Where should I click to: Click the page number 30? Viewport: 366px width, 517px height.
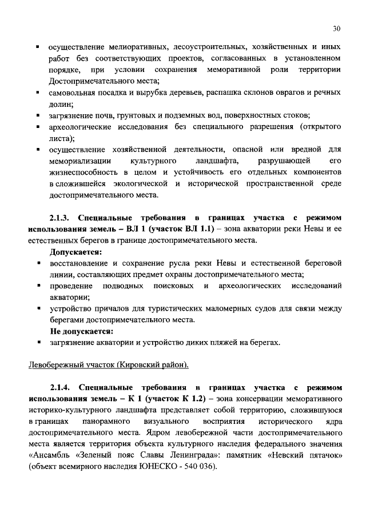pyautogui.click(x=337, y=29)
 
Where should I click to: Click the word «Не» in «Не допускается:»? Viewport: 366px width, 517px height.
pyautogui.click(x=55, y=331)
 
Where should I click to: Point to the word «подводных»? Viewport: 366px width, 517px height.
pyautogui.click(x=127, y=285)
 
